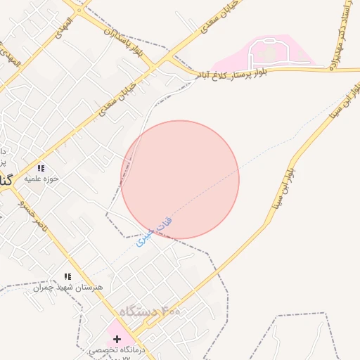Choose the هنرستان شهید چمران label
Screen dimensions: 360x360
click(x=67, y=287)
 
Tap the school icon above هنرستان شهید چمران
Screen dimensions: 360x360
click(x=67, y=276)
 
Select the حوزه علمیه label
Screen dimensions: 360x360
click(x=41, y=179)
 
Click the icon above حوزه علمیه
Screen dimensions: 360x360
click(x=41, y=168)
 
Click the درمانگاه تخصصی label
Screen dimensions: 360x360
click(x=117, y=349)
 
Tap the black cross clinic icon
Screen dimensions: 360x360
click(x=117, y=339)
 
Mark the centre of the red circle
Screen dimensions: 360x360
click(x=180, y=179)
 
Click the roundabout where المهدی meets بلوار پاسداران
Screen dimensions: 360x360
click(x=78, y=9)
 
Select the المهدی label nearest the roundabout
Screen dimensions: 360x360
click(x=65, y=21)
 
